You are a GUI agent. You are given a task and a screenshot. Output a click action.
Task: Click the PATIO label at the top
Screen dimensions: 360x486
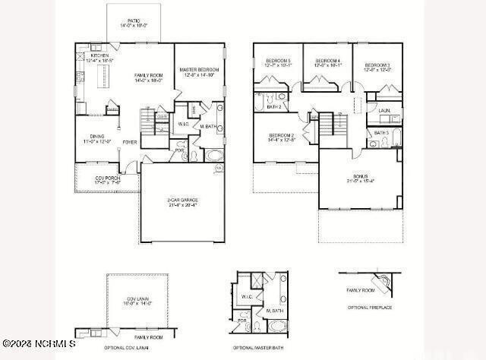[134, 21]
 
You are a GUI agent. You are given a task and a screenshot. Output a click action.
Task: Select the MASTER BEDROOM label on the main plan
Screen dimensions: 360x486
[199, 70]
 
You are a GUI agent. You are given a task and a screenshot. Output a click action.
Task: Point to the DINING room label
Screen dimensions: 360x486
[96, 137]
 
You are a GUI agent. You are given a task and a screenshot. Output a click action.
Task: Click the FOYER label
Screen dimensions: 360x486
[130, 142]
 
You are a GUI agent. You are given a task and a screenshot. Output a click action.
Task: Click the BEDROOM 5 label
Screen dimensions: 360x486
[277, 61]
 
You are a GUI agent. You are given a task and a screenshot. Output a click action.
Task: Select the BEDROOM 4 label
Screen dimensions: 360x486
[328, 61]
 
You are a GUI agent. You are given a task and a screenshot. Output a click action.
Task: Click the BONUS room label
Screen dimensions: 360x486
[360, 177]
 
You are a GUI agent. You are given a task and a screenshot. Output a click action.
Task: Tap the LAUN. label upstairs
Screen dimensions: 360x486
[383, 111]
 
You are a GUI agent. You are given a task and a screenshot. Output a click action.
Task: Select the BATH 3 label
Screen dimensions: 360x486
[381, 133]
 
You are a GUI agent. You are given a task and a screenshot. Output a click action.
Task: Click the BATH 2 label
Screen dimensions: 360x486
[274, 107]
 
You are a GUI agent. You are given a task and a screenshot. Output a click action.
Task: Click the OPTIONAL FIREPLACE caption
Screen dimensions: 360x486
[370, 308]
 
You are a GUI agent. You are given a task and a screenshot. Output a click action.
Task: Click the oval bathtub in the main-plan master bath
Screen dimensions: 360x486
[215, 156]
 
